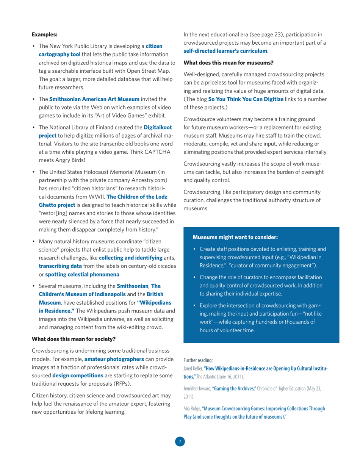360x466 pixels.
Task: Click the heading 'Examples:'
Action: [44, 34]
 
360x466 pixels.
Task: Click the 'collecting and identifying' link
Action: [130, 258]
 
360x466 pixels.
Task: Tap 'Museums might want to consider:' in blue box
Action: [235, 237]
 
